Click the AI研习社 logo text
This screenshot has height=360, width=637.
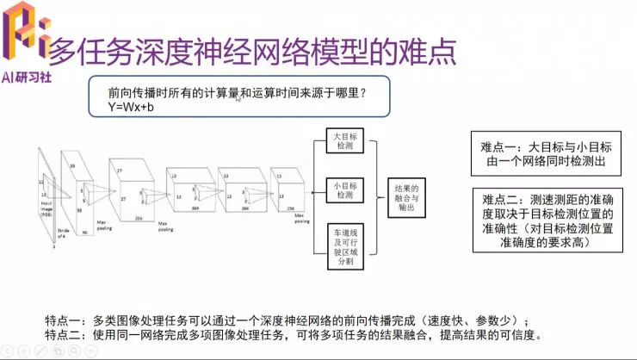(26, 76)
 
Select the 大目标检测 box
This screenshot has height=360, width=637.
(344, 143)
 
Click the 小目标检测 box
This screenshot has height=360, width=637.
(344, 189)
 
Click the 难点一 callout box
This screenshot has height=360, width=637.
(546, 153)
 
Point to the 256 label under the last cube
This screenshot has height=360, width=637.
(291, 208)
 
